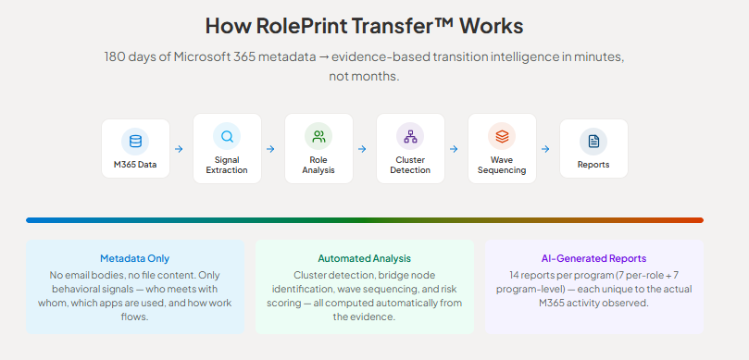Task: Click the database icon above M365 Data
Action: (x=136, y=142)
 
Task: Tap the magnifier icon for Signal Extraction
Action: (x=228, y=137)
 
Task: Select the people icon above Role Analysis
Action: (x=318, y=137)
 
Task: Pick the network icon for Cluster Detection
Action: (x=410, y=137)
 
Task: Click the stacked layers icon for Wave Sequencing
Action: (x=502, y=137)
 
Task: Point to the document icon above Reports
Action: (x=593, y=142)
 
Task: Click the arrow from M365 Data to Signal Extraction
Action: (x=179, y=149)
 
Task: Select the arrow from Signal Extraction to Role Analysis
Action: (x=270, y=149)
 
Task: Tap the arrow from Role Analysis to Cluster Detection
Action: (x=362, y=149)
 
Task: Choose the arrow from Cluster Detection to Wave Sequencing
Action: (x=454, y=149)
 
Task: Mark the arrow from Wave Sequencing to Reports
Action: (x=545, y=149)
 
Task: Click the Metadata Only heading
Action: (x=134, y=259)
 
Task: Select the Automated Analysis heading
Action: (x=365, y=259)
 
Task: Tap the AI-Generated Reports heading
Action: (x=593, y=259)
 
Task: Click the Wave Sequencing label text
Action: (x=502, y=166)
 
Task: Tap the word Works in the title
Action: (x=492, y=26)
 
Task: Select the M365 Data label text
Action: (x=135, y=165)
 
